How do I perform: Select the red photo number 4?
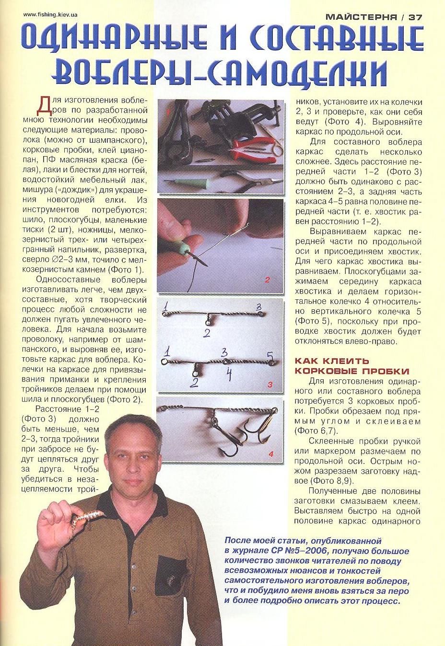pos(271,453)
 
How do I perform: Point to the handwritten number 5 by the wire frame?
pos(270,356)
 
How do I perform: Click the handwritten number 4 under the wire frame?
pos(229,374)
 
